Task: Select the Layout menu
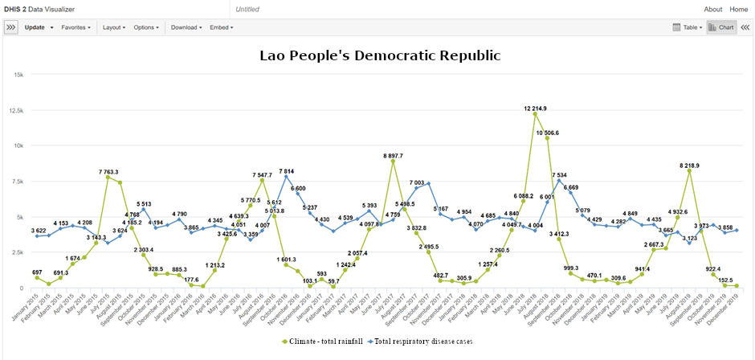pos(113,27)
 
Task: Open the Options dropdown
pos(145,27)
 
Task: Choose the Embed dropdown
pos(221,27)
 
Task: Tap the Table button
pos(688,27)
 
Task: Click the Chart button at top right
pos(722,27)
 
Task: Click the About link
pos(712,9)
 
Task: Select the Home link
pos(739,9)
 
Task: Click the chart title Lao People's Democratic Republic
pos(380,56)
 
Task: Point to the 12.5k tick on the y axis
pos(18,109)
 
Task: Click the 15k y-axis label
pos(20,74)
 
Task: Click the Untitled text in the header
pos(248,9)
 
